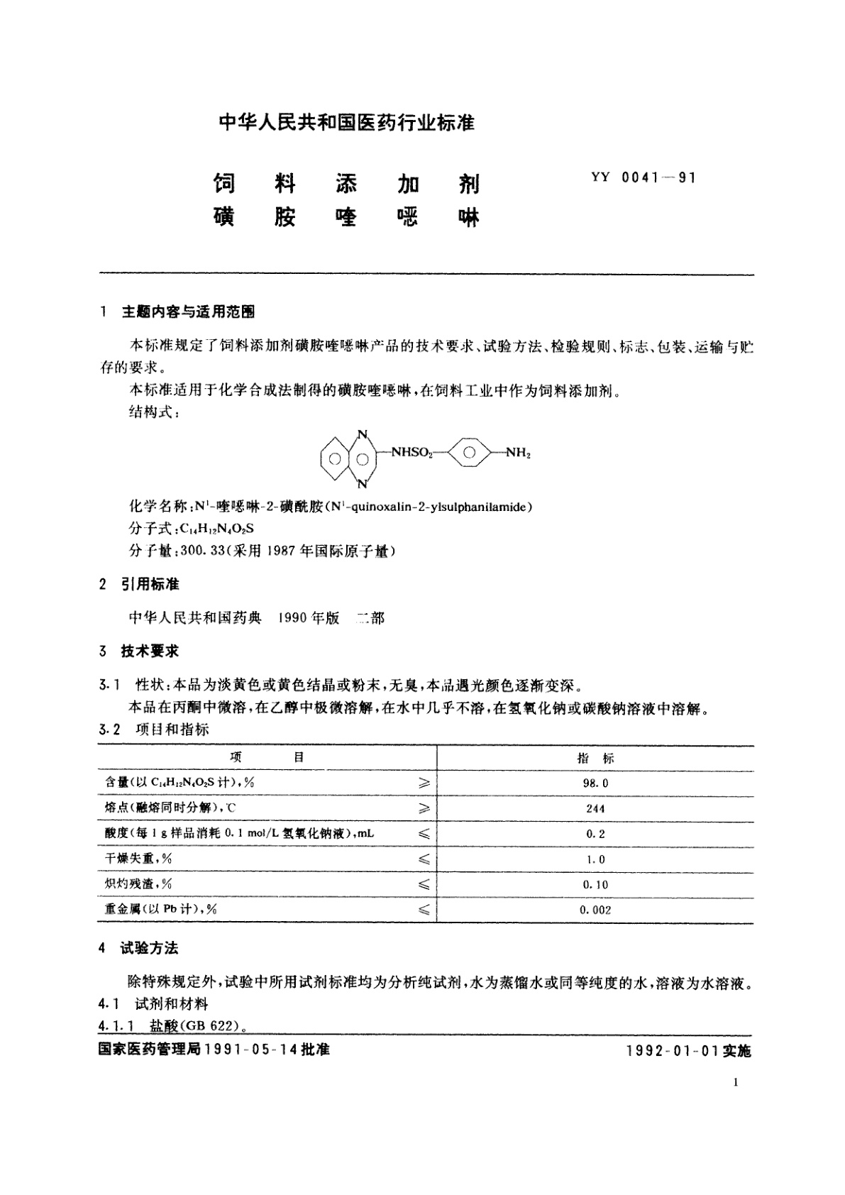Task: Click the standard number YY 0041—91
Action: [x=643, y=178]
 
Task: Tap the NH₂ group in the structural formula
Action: [x=517, y=453]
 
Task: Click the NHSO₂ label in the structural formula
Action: [x=412, y=453]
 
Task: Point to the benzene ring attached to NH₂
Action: [x=470, y=453]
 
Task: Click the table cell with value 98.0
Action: [x=595, y=783]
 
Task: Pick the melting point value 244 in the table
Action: [x=595, y=809]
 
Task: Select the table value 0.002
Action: [x=595, y=910]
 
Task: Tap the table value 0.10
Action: [x=595, y=885]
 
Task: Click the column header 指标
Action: [x=595, y=758]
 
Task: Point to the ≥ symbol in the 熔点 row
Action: [x=424, y=809]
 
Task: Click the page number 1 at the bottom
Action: [x=734, y=1102]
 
